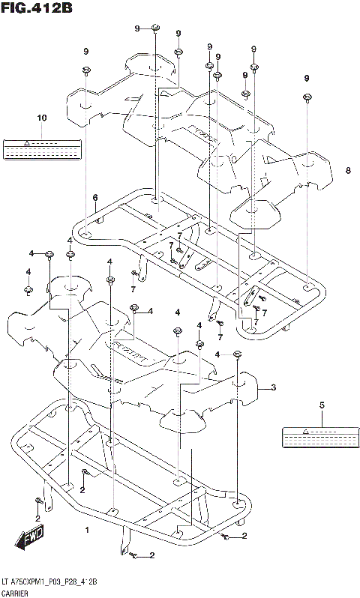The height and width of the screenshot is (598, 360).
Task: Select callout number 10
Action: (x=41, y=118)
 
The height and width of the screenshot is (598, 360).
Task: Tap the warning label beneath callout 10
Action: (x=42, y=148)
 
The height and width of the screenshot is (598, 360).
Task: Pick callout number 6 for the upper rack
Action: (x=95, y=198)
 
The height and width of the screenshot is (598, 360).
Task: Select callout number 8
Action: (x=347, y=171)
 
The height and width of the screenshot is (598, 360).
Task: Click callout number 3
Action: (x=274, y=387)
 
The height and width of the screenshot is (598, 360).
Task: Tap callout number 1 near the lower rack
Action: (x=87, y=530)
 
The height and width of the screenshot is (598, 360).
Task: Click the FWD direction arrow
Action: (x=29, y=538)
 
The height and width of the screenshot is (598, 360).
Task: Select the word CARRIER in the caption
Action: (x=19, y=591)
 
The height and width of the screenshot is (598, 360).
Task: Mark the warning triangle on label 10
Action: (x=26, y=141)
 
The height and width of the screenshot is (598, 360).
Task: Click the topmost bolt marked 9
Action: (x=154, y=29)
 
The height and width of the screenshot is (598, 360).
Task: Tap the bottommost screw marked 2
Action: (x=132, y=555)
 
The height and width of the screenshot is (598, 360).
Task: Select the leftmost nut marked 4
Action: (x=28, y=289)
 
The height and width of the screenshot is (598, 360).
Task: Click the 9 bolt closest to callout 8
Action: (x=307, y=97)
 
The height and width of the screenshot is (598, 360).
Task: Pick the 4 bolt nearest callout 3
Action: (x=237, y=354)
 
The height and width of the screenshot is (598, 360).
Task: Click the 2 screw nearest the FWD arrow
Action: (x=37, y=501)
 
